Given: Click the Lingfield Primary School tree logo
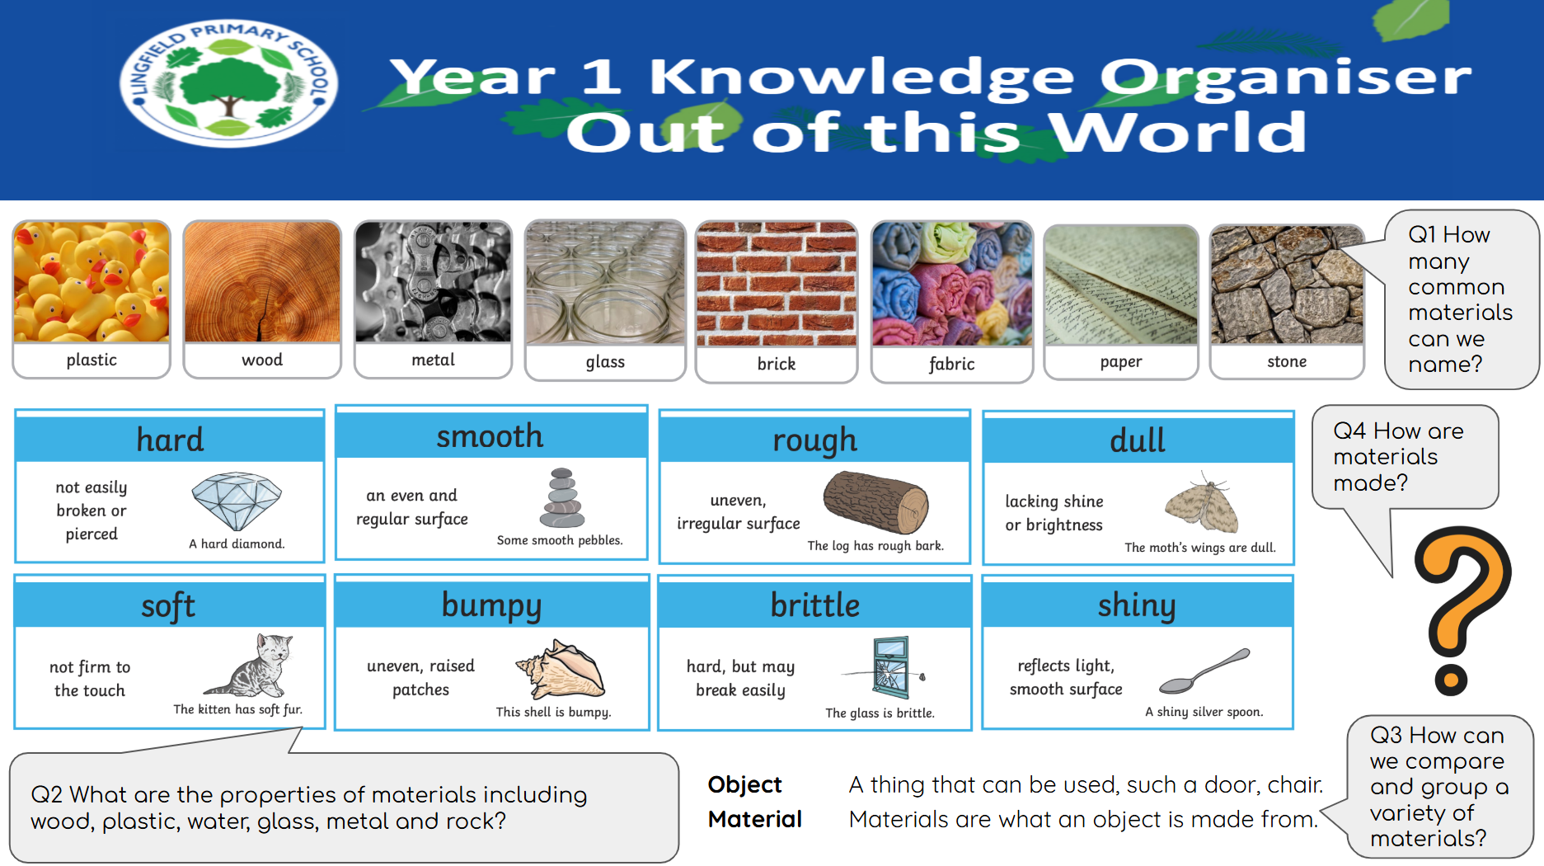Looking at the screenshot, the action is [228, 82].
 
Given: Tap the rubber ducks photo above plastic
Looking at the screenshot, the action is [92, 282].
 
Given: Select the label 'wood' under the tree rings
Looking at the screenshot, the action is [262, 360].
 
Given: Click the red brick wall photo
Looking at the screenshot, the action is [777, 284].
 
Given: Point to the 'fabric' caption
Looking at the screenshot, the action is [951, 364].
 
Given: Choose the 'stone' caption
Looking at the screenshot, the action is [1287, 361].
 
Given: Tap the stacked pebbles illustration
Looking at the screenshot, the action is [562, 498].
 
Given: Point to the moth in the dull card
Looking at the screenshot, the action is [1203, 503].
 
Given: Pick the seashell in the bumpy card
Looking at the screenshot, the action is [560, 669].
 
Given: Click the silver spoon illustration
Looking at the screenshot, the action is [1204, 671].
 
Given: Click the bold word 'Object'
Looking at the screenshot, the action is [744, 785].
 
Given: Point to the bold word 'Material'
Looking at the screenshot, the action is [754, 819].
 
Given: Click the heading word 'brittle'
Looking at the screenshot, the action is [814, 605].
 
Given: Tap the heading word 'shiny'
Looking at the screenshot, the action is [1137, 606].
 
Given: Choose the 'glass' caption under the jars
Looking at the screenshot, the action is [605, 362].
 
